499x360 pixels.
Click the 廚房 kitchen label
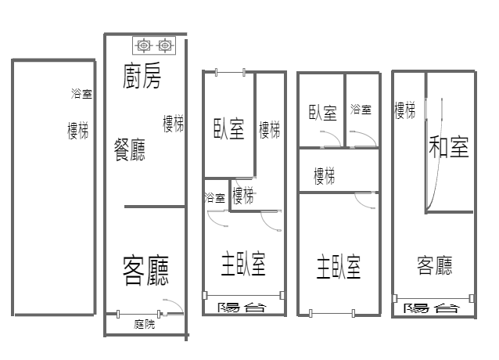click(142, 76)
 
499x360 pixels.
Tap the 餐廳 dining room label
click(130, 149)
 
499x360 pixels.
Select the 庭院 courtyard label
click(145, 324)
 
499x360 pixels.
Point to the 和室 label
click(449, 146)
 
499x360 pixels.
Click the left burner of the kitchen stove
click(144, 45)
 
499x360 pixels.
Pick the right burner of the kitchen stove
click(164, 45)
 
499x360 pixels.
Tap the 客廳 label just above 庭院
click(145, 270)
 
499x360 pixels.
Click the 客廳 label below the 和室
click(434, 265)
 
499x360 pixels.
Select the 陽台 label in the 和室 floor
click(432, 308)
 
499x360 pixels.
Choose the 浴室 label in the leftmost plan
click(81, 94)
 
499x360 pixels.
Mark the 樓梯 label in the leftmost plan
click(77, 130)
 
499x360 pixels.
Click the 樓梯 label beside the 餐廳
click(173, 124)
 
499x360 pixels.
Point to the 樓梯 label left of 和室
click(405, 110)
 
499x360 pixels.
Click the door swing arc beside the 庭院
click(177, 304)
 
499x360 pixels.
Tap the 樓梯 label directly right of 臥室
click(270, 130)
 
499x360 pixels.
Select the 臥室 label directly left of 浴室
click(323, 113)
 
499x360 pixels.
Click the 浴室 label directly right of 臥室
click(361, 110)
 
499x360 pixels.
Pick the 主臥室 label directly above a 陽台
click(243, 264)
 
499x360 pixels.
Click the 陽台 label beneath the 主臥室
click(242, 308)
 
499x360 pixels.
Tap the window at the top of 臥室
click(230, 73)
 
